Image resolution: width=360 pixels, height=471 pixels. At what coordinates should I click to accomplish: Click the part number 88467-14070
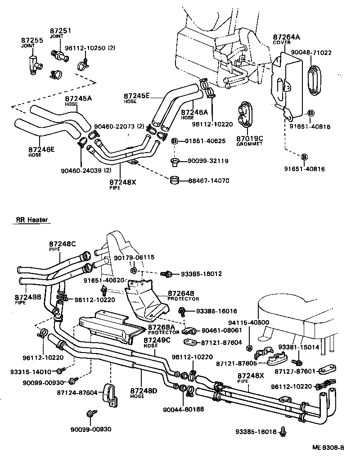pyautogui.click(x=209, y=181)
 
